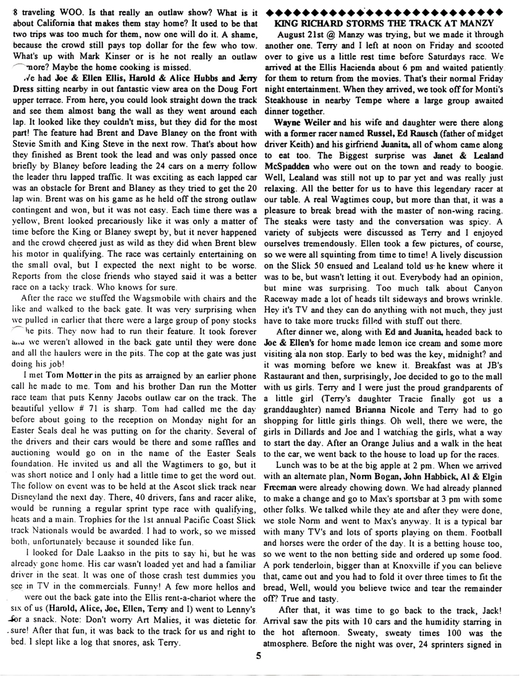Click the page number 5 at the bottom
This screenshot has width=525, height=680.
[261, 657]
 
